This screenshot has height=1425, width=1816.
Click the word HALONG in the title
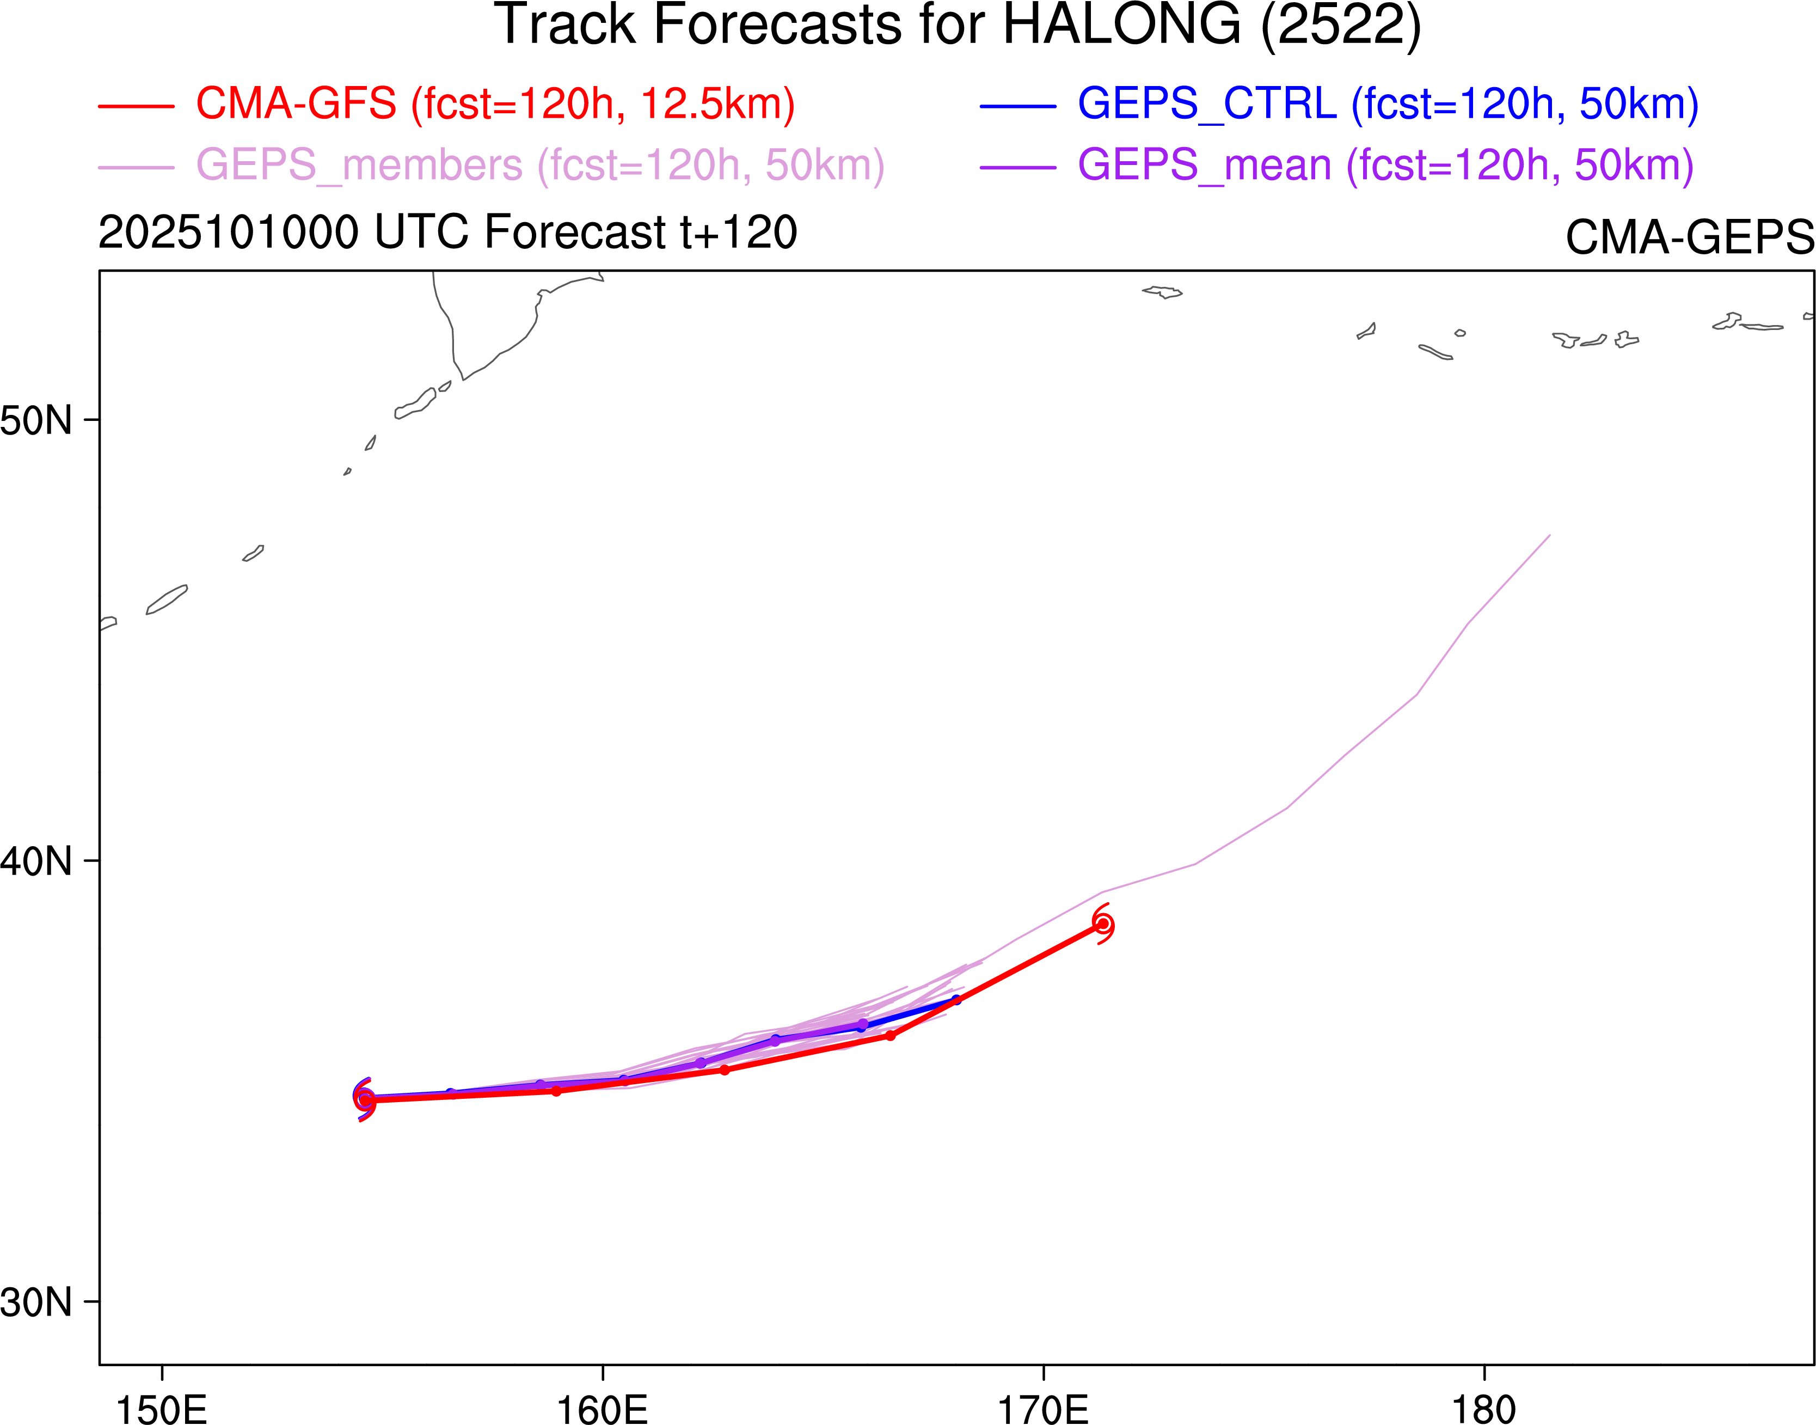tap(1121, 25)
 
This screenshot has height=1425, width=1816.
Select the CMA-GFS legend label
tap(495, 105)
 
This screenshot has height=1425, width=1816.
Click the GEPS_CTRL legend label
tap(1387, 105)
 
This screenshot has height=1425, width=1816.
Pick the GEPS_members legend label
tap(539, 165)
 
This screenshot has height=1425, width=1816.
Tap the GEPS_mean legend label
tap(1385, 165)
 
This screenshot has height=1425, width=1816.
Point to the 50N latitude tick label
tap(36, 420)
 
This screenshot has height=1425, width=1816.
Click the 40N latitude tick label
tap(36, 861)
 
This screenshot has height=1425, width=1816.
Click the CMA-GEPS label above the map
tap(1689, 238)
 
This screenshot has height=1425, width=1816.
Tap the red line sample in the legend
tap(136, 107)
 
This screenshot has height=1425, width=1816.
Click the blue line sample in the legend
tap(1018, 107)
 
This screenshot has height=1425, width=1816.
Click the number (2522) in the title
tap(1341, 25)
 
